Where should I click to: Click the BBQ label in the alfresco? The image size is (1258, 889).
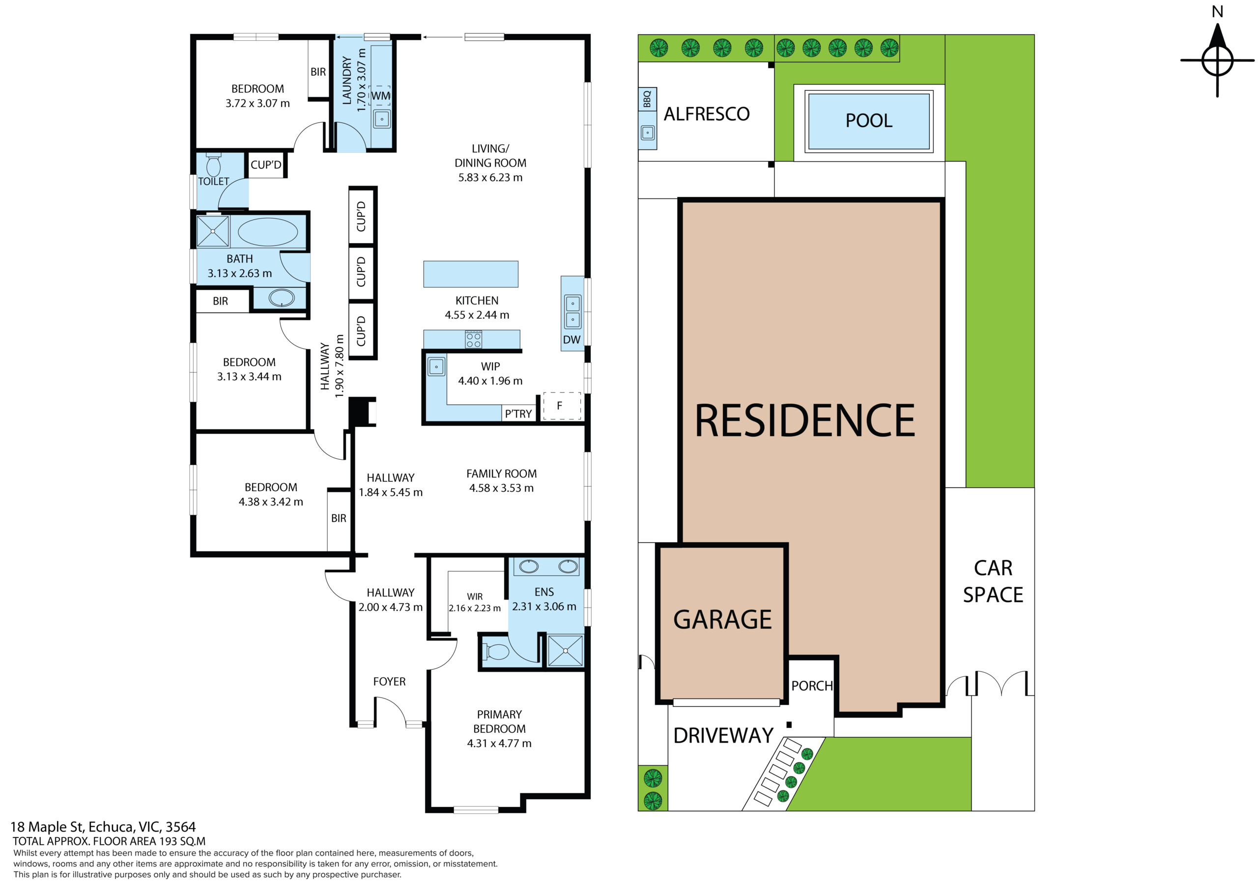(x=647, y=99)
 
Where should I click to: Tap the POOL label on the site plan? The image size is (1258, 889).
(x=869, y=120)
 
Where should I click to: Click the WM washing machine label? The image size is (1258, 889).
(x=381, y=96)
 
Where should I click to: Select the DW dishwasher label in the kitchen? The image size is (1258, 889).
(x=572, y=339)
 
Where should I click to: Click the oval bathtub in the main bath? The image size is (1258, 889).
(x=268, y=232)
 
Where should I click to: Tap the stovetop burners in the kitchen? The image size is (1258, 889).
(x=473, y=339)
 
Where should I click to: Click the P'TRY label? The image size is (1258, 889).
(x=518, y=414)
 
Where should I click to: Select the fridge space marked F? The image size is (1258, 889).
(x=562, y=406)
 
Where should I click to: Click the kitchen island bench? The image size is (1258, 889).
(x=471, y=274)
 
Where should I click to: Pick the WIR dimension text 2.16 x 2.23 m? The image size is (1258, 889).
(x=475, y=608)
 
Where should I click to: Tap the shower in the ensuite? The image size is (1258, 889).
(x=566, y=650)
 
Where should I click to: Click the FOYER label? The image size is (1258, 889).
(x=390, y=681)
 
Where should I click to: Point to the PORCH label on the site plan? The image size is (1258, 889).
(x=812, y=686)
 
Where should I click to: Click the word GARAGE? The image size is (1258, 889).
(x=723, y=619)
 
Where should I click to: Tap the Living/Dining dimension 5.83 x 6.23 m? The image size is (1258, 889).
(x=490, y=177)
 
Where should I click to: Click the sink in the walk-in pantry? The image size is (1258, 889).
(x=437, y=366)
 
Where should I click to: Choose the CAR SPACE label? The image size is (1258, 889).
(x=993, y=581)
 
